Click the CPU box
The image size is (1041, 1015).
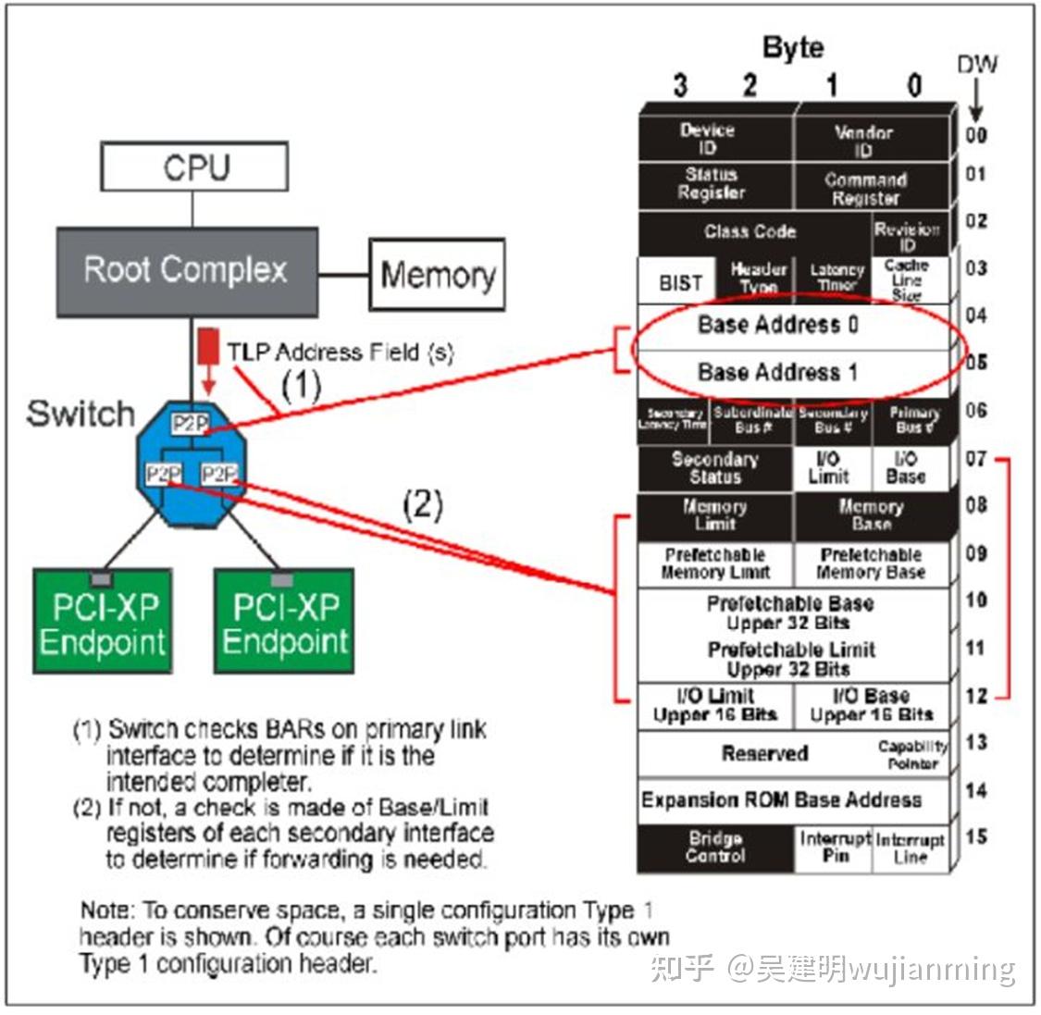pyautogui.click(x=194, y=168)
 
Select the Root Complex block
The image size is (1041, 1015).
pyautogui.click(x=187, y=270)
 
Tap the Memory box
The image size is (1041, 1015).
pyautogui.click(x=437, y=275)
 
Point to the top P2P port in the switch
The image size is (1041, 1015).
pyautogui.click(x=190, y=424)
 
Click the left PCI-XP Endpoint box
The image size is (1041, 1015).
pyautogui.click(x=102, y=623)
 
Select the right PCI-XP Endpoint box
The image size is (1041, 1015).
pyautogui.click(x=284, y=623)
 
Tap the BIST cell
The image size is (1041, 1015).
pyautogui.click(x=679, y=282)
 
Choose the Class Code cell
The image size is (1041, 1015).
pyautogui.click(x=751, y=231)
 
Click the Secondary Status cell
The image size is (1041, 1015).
pyautogui.click(x=714, y=468)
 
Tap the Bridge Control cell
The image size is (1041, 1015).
pyautogui.click(x=714, y=848)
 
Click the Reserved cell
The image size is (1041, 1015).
pyautogui.click(x=754, y=753)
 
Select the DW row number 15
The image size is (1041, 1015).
pyautogui.click(x=976, y=837)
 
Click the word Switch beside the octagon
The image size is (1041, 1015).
pyautogui.click(x=81, y=414)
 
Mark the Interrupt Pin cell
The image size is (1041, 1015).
pyautogui.click(x=835, y=848)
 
